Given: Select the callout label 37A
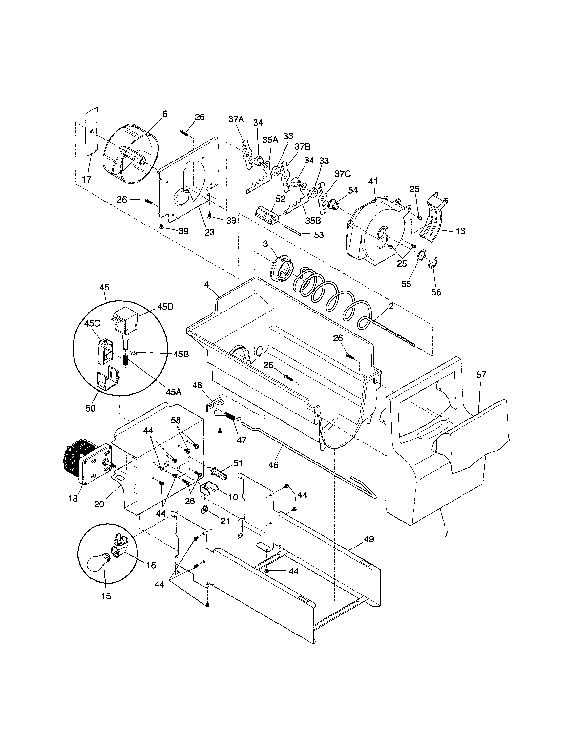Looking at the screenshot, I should (x=237, y=119).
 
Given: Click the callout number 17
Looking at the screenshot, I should (x=87, y=180).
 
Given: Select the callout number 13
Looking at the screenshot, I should (x=460, y=231).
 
